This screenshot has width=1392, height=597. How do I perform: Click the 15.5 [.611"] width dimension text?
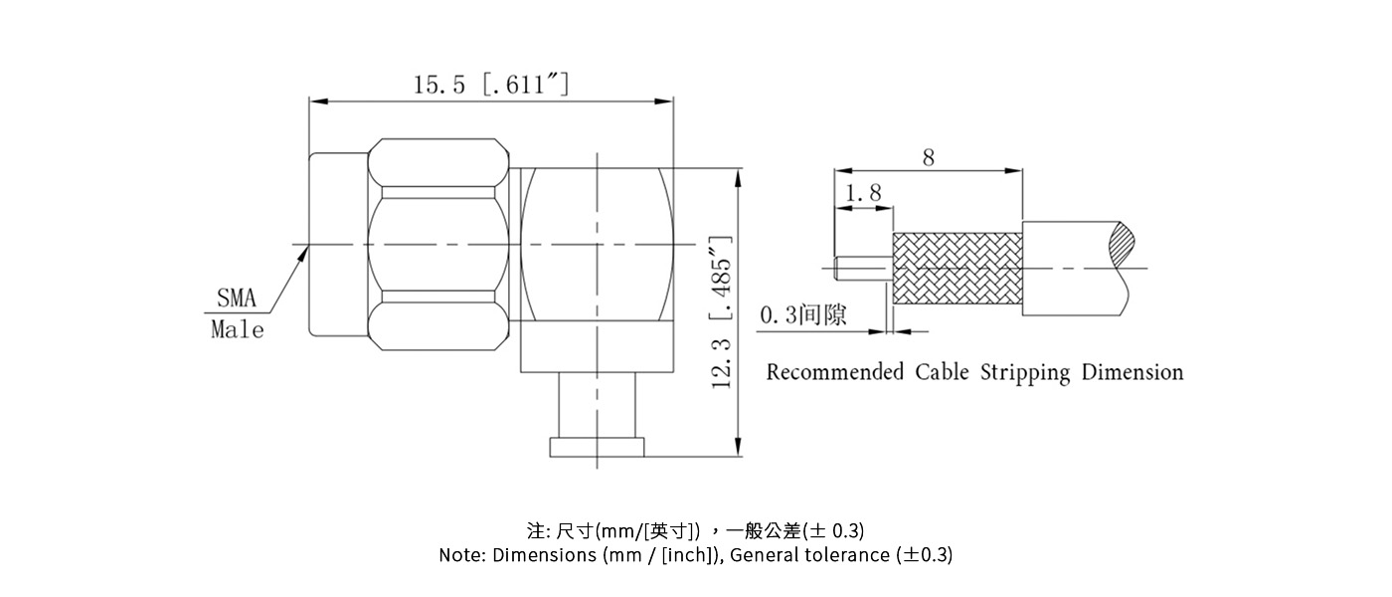(x=491, y=85)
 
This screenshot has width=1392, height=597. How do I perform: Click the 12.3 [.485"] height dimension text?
(x=722, y=311)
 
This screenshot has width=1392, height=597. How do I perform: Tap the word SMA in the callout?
(x=237, y=298)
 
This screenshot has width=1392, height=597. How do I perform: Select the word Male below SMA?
(x=238, y=330)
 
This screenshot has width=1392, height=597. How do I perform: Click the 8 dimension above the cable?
(x=928, y=158)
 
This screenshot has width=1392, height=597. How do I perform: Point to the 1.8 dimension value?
(x=862, y=194)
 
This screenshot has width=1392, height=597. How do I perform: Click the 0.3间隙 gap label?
(x=803, y=316)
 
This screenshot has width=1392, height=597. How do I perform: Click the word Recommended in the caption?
(x=834, y=373)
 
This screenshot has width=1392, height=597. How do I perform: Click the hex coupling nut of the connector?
(x=437, y=245)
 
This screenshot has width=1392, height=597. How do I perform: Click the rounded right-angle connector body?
(x=598, y=245)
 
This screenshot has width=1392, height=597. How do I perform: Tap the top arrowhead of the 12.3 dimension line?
(x=737, y=175)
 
